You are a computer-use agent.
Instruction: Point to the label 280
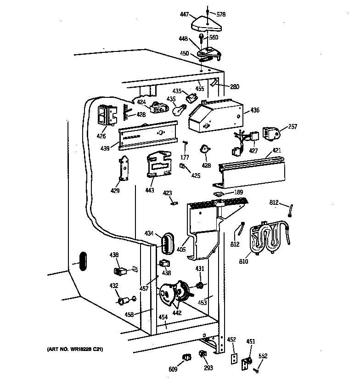[x=234, y=86]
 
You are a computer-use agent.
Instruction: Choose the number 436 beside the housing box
[x=255, y=111]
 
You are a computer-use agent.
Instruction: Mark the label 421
[x=277, y=150]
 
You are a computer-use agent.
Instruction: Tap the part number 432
[x=113, y=285]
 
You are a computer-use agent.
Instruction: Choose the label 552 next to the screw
[x=263, y=356]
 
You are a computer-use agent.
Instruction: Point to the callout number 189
[x=238, y=192]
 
